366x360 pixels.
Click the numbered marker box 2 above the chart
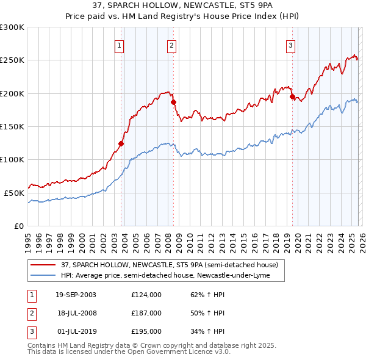point(172,45)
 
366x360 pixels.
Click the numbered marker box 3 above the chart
point(291,45)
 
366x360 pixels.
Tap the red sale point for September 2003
point(121,144)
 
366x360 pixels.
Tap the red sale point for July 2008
point(173,103)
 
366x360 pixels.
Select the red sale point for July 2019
point(292,97)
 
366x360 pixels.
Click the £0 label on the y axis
point(18,226)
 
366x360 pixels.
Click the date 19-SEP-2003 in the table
point(76,294)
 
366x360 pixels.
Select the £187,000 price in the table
point(146,312)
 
